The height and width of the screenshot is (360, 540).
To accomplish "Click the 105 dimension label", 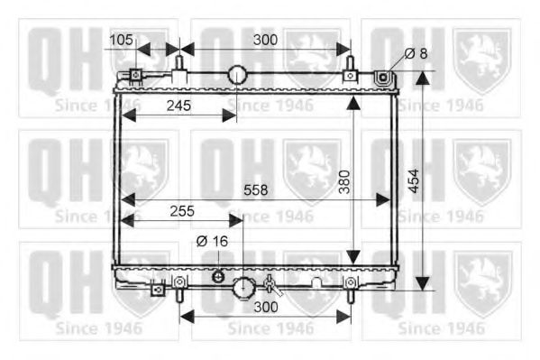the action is pyautogui.click(x=121, y=40).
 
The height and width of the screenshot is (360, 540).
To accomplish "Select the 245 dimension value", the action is pyautogui.click(x=178, y=106).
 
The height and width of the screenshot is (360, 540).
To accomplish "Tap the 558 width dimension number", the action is pyautogui.click(x=255, y=190).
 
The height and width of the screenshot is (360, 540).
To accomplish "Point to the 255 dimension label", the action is pyautogui.click(x=182, y=211).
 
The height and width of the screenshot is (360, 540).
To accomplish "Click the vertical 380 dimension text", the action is pyautogui.click(x=344, y=181).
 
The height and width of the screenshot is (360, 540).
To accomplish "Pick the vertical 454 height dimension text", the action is pyautogui.click(x=413, y=180).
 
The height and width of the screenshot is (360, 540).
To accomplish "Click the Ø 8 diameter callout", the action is pyautogui.click(x=416, y=53).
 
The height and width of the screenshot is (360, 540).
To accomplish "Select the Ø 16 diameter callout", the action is pyautogui.click(x=212, y=242).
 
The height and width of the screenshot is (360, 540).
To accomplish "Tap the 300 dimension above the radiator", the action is pyautogui.click(x=266, y=40).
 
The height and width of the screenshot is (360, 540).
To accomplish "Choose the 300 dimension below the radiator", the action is pyautogui.click(x=266, y=307).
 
